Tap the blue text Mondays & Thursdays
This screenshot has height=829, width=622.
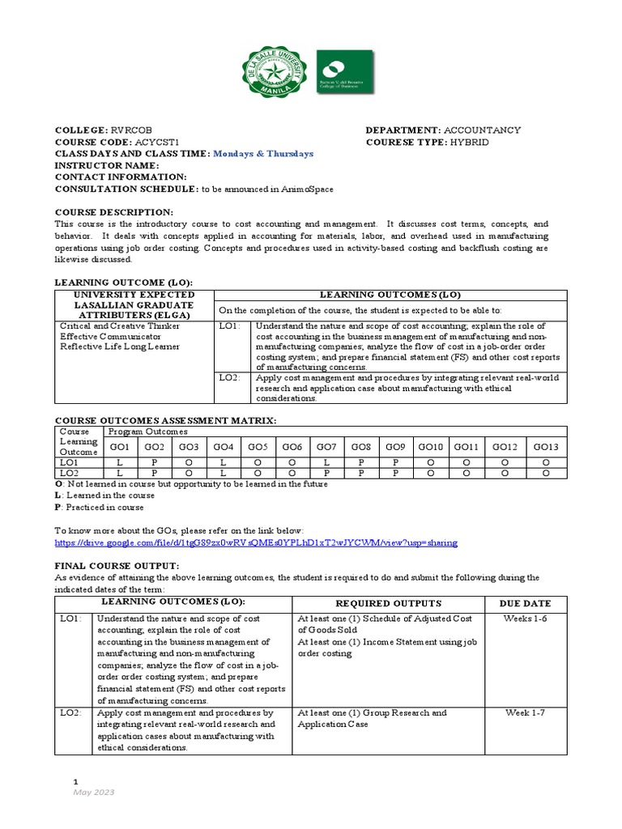[263, 154]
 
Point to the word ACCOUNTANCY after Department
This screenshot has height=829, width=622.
[482, 130]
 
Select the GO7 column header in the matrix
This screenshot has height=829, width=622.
[326, 447]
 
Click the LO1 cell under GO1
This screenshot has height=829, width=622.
[119, 462]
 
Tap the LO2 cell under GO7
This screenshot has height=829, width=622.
[326, 474]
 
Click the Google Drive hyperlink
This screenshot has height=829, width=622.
[255, 542]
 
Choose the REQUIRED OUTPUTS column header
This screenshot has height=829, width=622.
[389, 603]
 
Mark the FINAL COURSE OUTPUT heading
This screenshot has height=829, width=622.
[117, 565]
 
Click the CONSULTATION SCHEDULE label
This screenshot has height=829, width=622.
[126, 189]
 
